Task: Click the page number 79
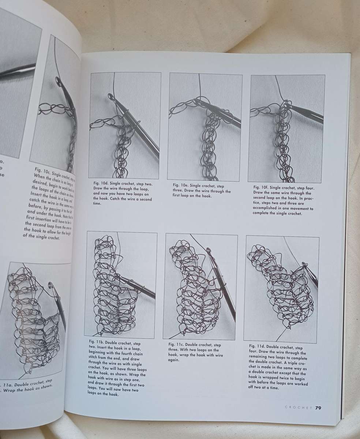coord(318,408)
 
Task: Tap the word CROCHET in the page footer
coord(298,408)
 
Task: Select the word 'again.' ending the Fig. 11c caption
coord(174,360)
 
